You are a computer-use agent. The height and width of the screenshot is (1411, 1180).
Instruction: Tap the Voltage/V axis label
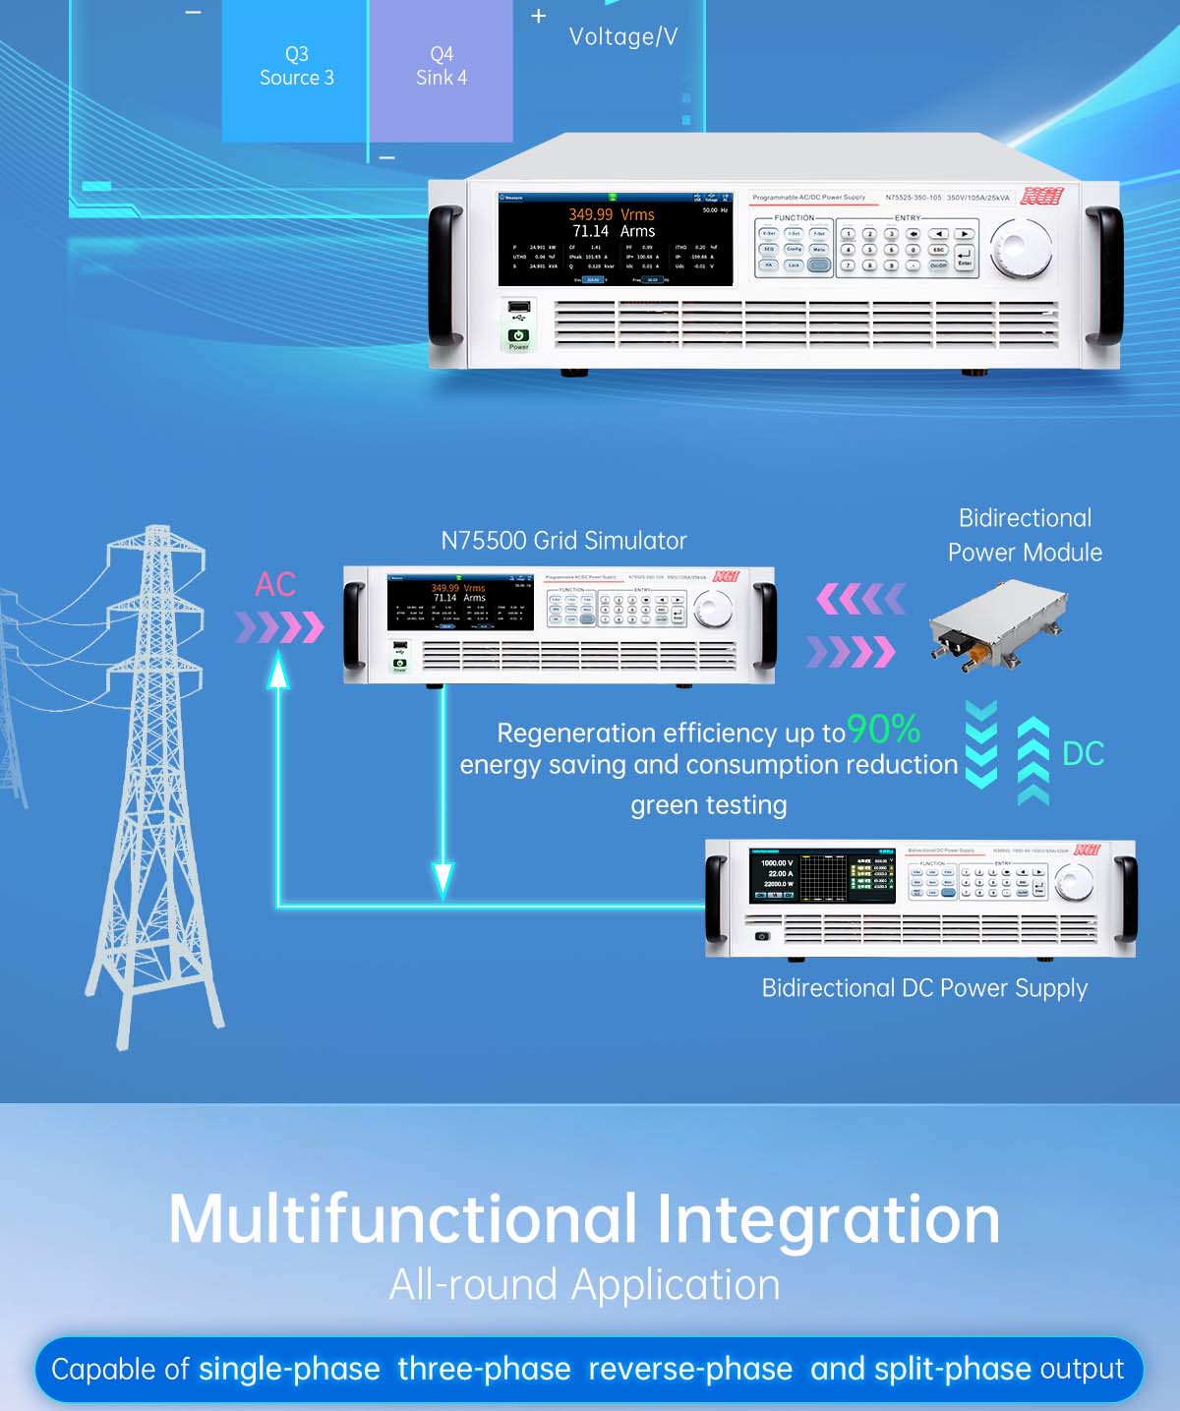coord(622,37)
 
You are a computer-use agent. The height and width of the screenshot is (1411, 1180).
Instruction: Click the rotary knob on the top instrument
coord(1020,248)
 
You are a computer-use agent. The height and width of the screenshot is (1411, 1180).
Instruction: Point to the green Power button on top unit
coord(518,336)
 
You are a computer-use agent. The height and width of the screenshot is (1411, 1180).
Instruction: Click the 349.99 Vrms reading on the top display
coord(611,214)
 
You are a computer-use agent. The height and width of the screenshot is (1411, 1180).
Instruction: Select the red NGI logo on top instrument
coord(1040,197)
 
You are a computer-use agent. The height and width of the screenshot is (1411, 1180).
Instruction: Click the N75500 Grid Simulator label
coord(563,541)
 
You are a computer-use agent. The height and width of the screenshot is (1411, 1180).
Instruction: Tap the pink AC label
coord(275,584)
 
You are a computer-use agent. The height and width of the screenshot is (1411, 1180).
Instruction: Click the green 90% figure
coord(883,729)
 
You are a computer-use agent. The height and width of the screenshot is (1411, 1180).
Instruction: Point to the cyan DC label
coord(1083,754)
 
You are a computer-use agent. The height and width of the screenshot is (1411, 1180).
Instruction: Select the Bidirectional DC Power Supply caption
coord(924,988)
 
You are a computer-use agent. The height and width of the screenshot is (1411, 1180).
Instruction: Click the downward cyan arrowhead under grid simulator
coord(443,878)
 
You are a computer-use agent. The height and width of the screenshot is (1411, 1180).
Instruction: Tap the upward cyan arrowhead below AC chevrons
coord(279,671)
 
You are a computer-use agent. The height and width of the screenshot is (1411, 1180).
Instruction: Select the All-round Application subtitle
coord(584,1285)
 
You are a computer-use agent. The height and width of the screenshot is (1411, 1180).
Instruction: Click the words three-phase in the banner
coord(484,1369)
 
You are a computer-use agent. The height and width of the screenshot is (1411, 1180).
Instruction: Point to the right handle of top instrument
coord(1102,275)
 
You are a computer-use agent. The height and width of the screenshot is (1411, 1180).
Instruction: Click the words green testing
coord(708,805)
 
